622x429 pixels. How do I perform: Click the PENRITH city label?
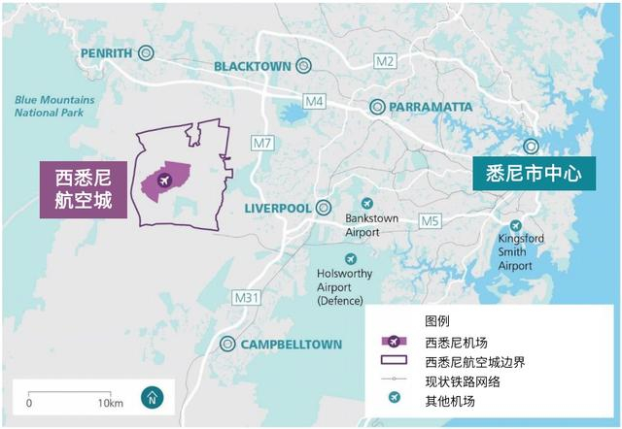[x=106, y=52]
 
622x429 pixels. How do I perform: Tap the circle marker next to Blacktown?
[x=303, y=66]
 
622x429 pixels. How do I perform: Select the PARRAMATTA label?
[x=431, y=106]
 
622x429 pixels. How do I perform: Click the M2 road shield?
[x=385, y=61]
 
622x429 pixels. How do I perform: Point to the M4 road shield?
[x=313, y=101]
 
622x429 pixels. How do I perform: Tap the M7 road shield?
[x=261, y=144]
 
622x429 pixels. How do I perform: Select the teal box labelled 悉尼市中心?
[x=533, y=175]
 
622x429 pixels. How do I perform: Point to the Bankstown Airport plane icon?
[x=366, y=203]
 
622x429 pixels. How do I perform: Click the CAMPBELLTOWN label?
[x=292, y=344]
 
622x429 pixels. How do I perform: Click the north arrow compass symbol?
[x=152, y=396]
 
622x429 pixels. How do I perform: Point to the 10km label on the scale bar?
[x=110, y=403]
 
